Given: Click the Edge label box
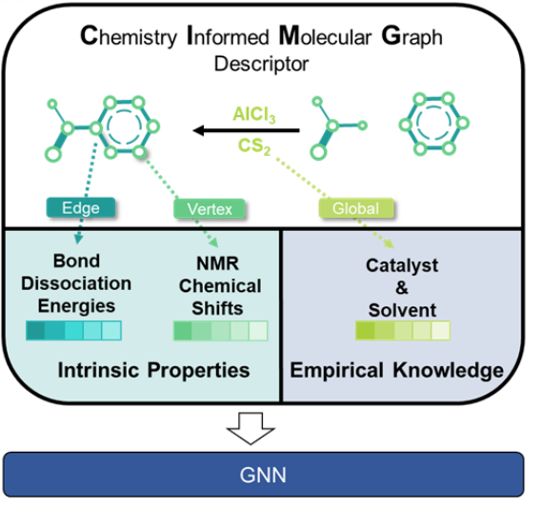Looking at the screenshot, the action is (81, 207).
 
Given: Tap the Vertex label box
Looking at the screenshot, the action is (210, 209).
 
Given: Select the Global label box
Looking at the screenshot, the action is (356, 208).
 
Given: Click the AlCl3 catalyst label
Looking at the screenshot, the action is (254, 114).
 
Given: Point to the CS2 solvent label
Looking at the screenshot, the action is (254, 146).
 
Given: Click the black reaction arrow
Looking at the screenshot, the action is (246, 130).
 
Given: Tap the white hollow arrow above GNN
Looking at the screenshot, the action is (251, 428).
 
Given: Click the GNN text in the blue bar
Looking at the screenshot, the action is (263, 475).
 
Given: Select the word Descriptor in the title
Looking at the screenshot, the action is (261, 64).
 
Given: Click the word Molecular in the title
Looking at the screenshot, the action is (325, 36).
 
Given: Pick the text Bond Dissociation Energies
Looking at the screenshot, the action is (76, 283).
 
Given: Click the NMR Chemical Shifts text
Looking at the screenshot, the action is (220, 285).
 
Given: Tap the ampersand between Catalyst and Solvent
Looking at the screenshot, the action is (402, 287).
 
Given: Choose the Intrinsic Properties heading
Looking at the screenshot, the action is (153, 370).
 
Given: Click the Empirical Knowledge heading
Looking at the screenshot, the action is (397, 370).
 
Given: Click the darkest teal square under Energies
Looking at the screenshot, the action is (35, 331).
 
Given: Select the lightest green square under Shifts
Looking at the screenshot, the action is (258, 331).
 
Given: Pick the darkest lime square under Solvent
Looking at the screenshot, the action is (366, 331).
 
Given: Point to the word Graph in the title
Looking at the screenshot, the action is (412, 36).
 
